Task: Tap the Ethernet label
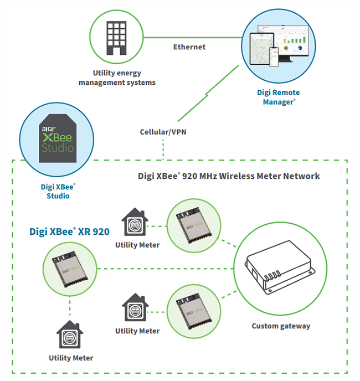(189, 47)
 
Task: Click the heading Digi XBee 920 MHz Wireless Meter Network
(229, 176)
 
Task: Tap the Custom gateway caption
(281, 326)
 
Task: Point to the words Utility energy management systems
(117, 78)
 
